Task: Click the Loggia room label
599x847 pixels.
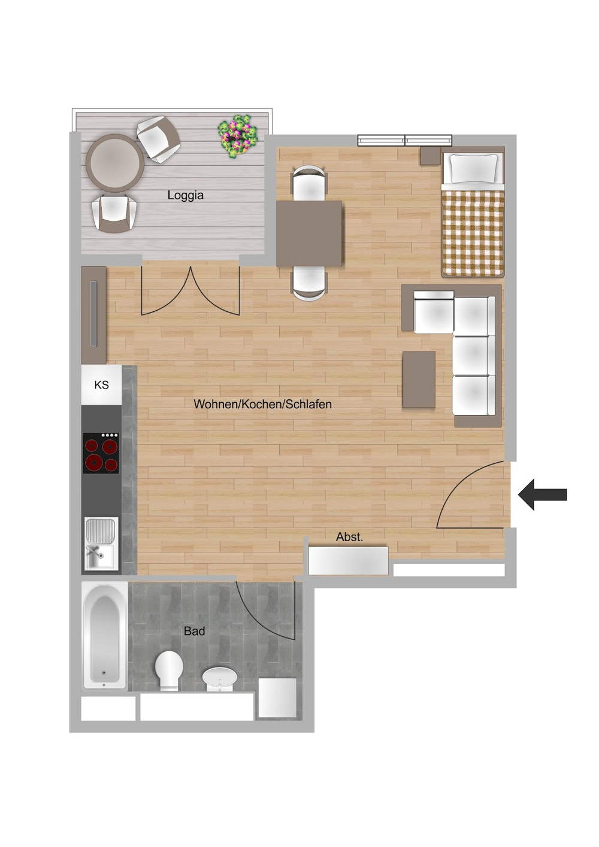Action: click(186, 196)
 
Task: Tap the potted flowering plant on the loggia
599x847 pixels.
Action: click(238, 136)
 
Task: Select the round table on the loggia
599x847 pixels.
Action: click(114, 163)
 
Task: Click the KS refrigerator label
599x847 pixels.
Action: click(101, 385)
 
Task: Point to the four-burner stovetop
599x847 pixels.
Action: click(101, 453)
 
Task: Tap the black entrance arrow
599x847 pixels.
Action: click(542, 494)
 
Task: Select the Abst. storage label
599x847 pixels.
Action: click(349, 537)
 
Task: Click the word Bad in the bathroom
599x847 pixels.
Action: click(195, 631)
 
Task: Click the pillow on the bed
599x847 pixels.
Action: click(473, 168)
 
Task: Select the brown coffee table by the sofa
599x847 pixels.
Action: click(419, 380)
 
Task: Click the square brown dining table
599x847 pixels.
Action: click(309, 233)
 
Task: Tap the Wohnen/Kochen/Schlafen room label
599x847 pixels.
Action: click(262, 404)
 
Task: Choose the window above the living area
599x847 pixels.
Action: click(405, 140)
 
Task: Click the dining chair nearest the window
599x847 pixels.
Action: click(309, 183)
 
